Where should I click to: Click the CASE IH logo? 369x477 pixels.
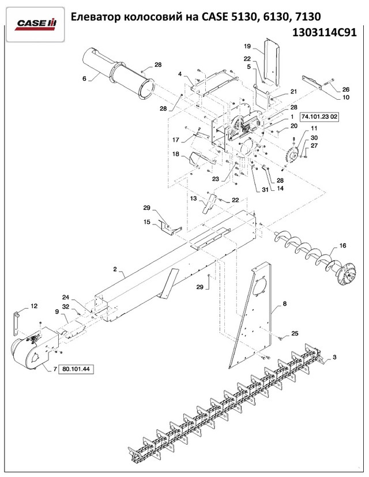35,24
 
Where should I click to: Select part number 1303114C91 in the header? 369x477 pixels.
324,32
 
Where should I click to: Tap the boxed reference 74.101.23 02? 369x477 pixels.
319,117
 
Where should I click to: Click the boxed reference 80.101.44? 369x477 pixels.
76,369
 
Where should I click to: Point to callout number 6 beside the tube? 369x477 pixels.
84,78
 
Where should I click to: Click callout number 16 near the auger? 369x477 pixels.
342,246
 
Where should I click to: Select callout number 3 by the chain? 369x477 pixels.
334,357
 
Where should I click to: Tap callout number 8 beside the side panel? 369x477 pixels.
284,303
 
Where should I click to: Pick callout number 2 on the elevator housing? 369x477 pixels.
115,269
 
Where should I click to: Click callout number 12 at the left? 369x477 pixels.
34,306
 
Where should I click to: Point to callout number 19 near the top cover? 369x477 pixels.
247,46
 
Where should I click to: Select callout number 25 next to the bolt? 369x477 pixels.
295,333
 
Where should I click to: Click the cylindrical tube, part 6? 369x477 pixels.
119,74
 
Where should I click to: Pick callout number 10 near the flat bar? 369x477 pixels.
346,97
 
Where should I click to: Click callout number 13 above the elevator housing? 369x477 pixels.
194,198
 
